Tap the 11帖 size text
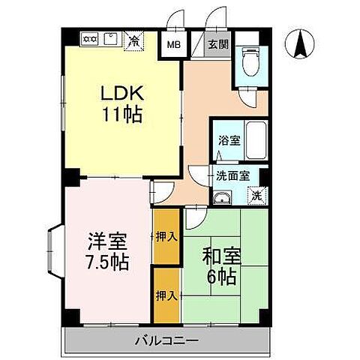(121, 116)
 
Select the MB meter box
(173, 44)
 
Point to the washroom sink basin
(222, 197)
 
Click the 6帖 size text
(221, 276)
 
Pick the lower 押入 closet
(166, 295)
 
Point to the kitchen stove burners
(89, 37)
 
